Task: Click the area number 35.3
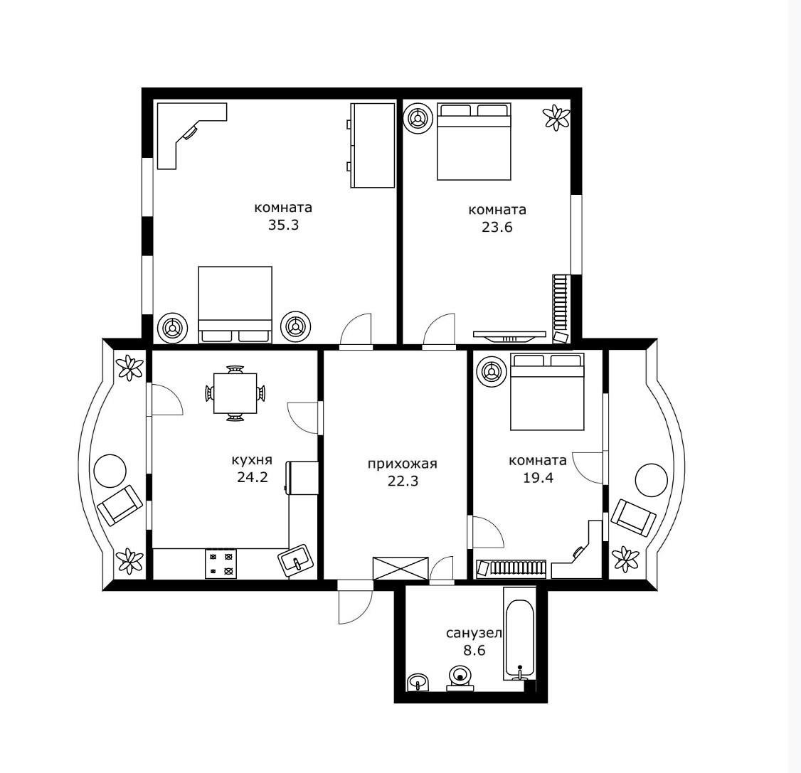tap(284, 225)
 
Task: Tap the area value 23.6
tap(497, 227)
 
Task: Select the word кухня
tap(252, 460)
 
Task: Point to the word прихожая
tap(403, 464)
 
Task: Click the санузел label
tap(474, 634)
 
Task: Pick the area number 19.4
tap(538, 478)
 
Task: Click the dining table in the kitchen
tap(235, 393)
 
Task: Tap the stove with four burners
tap(221, 564)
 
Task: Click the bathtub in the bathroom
tap(519, 633)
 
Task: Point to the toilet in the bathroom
tap(460, 678)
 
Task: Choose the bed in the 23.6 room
tap(474, 142)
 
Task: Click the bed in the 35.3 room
tap(235, 304)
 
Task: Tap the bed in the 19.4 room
tap(547, 392)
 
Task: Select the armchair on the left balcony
tap(120, 505)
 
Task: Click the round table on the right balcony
tap(652, 479)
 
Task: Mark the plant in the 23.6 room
tap(556, 118)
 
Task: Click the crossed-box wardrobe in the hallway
tap(400, 567)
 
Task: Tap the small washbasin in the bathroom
tap(419, 681)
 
